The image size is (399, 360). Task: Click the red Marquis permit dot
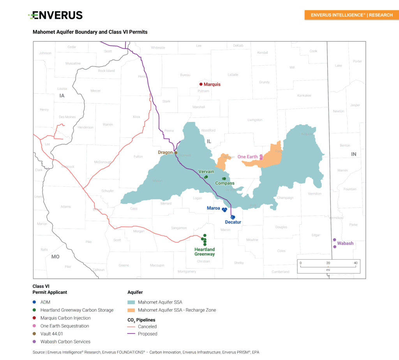coord(201,84)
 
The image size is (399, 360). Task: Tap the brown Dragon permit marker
coord(176,153)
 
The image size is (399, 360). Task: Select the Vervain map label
coord(206,172)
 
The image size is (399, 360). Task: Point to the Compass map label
coord(225,183)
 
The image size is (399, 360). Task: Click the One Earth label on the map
coord(248,157)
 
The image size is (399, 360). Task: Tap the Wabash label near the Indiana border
coord(345,244)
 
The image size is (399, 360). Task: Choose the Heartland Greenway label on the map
coord(205,252)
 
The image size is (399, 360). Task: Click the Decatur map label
coord(233,222)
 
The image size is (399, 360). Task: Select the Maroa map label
coord(214,208)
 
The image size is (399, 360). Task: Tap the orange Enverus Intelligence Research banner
coord(351,15)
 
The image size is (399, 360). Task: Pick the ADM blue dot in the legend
coord(35,302)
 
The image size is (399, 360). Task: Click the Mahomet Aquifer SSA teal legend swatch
coord(131,302)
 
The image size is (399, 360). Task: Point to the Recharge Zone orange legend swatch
coord(131,310)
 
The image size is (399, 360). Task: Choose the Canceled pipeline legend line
coord(131,327)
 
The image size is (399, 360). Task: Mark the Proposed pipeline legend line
coord(131,334)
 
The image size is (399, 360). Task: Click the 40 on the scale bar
coord(355,263)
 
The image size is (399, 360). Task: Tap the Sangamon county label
coord(179,228)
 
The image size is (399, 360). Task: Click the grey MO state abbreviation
coord(55,257)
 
